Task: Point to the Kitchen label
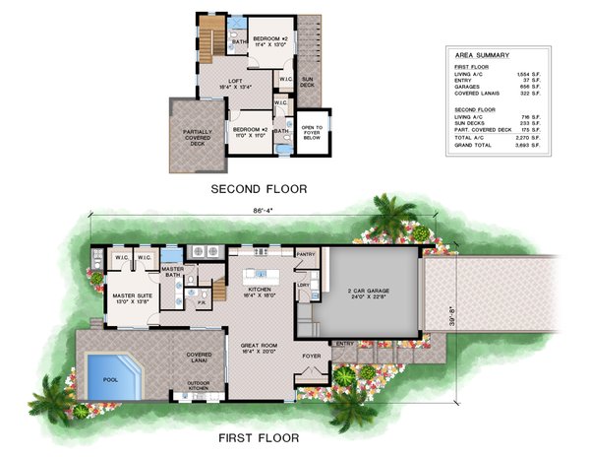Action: pyautogui.click(x=260, y=290)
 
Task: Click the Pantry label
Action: pyautogui.click(x=305, y=254)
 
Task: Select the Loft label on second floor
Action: pyautogui.click(x=236, y=83)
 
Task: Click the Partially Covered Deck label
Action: pyautogui.click(x=197, y=136)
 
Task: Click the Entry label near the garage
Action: pyautogui.click(x=344, y=343)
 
